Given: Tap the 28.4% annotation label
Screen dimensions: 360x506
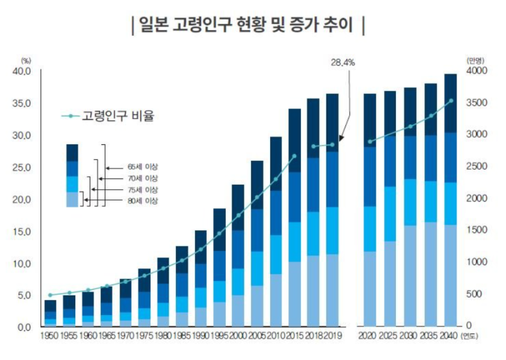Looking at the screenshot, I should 343,63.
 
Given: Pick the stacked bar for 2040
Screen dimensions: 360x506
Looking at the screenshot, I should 450,199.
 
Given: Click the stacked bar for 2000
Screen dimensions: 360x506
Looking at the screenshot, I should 238,256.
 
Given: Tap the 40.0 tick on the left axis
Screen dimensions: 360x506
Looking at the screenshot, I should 22,71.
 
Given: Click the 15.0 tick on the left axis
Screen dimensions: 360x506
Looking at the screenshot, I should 22,232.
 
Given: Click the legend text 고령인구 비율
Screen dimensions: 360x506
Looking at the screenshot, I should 118,116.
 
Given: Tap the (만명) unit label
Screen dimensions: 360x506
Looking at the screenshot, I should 475,60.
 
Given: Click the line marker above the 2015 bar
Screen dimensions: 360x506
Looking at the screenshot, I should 294,156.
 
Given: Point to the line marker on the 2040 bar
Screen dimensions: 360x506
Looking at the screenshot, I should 450,101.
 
